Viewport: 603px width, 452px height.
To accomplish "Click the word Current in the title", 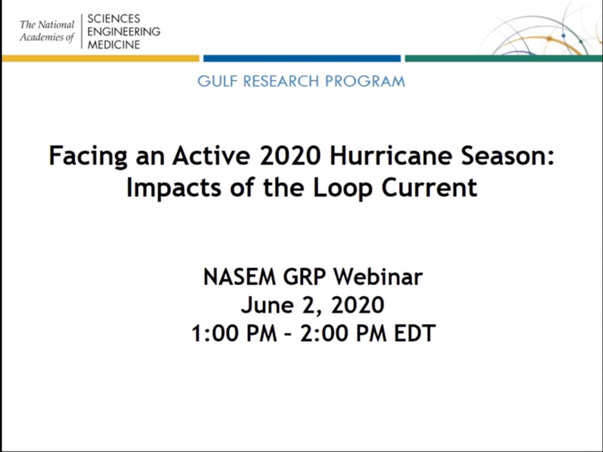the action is pyautogui.click(x=429, y=188).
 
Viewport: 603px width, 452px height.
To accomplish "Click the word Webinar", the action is pyautogui.click(x=378, y=276).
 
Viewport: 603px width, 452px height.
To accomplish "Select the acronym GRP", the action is pyautogui.click(x=304, y=276).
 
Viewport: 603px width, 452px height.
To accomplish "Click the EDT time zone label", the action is pyautogui.click(x=414, y=333).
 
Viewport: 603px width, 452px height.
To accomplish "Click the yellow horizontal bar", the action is pyautogui.click(x=100, y=58).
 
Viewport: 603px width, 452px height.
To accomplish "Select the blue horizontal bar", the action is pyautogui.click(x=302, y=58).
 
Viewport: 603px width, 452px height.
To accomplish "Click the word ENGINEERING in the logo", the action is pyautogui.click(x=124, y=32).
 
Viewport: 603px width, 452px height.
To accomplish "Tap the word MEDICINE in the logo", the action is pyautogui.click(x=113, y=45).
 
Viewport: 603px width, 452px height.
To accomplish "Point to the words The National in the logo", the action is pyautogui.click(x=47, y=25).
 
